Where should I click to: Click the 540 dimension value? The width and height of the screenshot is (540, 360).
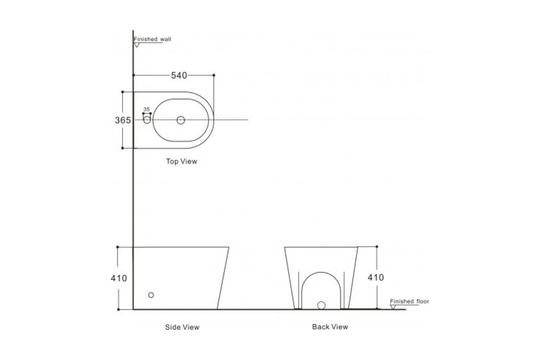tap(179, 76)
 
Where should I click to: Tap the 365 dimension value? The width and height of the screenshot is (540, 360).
tap(123, 120)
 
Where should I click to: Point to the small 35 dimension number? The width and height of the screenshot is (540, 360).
tap(146, 109)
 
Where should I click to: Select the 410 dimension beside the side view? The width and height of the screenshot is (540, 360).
tap(119, 278)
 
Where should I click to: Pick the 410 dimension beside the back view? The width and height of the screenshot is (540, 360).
tap(376, 278)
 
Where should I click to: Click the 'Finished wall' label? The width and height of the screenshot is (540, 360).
tap(153, 39)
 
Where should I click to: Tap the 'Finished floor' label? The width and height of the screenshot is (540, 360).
tap(409, 301)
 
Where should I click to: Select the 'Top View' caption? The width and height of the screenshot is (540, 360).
tap(181, 161)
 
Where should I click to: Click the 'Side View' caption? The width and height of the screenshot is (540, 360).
tap(182, 327)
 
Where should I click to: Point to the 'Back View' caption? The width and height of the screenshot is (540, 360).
tap(330, 327)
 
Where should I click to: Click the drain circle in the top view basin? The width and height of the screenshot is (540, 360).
tap(180, 120)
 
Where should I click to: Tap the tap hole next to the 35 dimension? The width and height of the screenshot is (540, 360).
tap(147, 120)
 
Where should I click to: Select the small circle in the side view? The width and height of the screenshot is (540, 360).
tap(151, 295)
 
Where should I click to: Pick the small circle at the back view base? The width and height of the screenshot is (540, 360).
tap(321, 305)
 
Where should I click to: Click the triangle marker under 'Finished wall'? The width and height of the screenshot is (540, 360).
tap(137, 45)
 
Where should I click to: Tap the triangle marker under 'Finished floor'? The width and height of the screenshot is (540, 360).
tap(393, 307)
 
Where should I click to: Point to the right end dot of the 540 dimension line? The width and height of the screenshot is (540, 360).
tap(214, 75)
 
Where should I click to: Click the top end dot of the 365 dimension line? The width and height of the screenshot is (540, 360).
tap(122, 92)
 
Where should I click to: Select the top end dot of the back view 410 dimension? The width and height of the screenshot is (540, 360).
tap(377, 247)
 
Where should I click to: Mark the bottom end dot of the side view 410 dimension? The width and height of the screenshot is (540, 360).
tap(118, 309)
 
